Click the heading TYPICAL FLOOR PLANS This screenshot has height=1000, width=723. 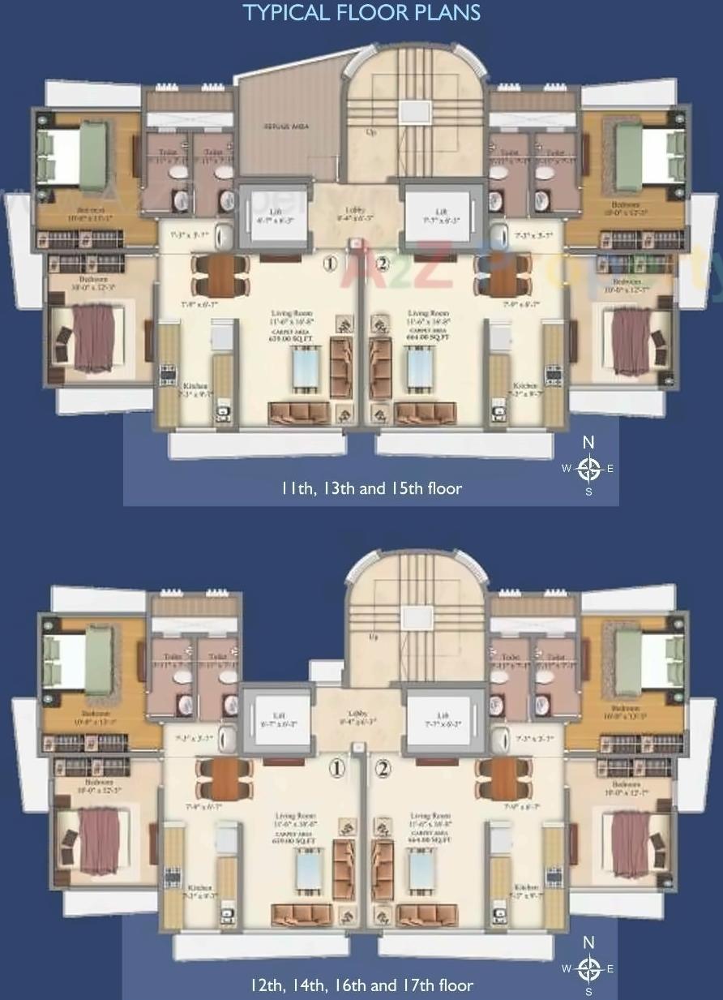click(361, 13)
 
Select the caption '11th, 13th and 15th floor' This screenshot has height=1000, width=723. click(371, 488)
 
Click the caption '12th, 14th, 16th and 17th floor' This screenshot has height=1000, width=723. click(361, 985)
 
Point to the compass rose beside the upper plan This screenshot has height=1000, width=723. click(589, 467)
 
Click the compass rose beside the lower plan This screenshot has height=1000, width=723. click(589, 967)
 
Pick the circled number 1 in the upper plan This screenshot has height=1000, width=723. click(329, 264)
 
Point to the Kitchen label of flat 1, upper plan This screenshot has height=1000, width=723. click(195, 386)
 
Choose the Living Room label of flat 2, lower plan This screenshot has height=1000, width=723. click(430, 816)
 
